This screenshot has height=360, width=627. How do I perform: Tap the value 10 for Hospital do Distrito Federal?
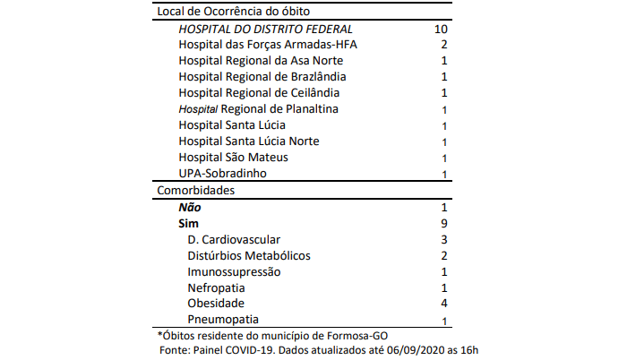click(439, 29)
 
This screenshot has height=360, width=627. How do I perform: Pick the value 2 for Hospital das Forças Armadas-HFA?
click(443, 45)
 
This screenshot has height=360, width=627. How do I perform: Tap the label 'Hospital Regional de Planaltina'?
click(258, 109)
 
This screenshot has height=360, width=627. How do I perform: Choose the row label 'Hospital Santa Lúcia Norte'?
click(249, 141)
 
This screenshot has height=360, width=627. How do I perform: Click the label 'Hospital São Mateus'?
click(228, 158)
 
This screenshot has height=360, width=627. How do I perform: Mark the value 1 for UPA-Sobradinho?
click(444, 174)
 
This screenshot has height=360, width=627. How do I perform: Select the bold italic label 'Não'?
click(189, 207)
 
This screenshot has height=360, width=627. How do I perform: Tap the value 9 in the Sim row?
click(443, 223)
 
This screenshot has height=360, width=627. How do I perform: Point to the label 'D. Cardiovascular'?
click(235, 239)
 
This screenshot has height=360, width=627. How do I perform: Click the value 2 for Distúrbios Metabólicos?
click(443, 255)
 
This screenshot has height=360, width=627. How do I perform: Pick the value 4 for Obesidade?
click(443, 304)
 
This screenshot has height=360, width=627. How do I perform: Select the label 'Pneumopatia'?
click(224, 320)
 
